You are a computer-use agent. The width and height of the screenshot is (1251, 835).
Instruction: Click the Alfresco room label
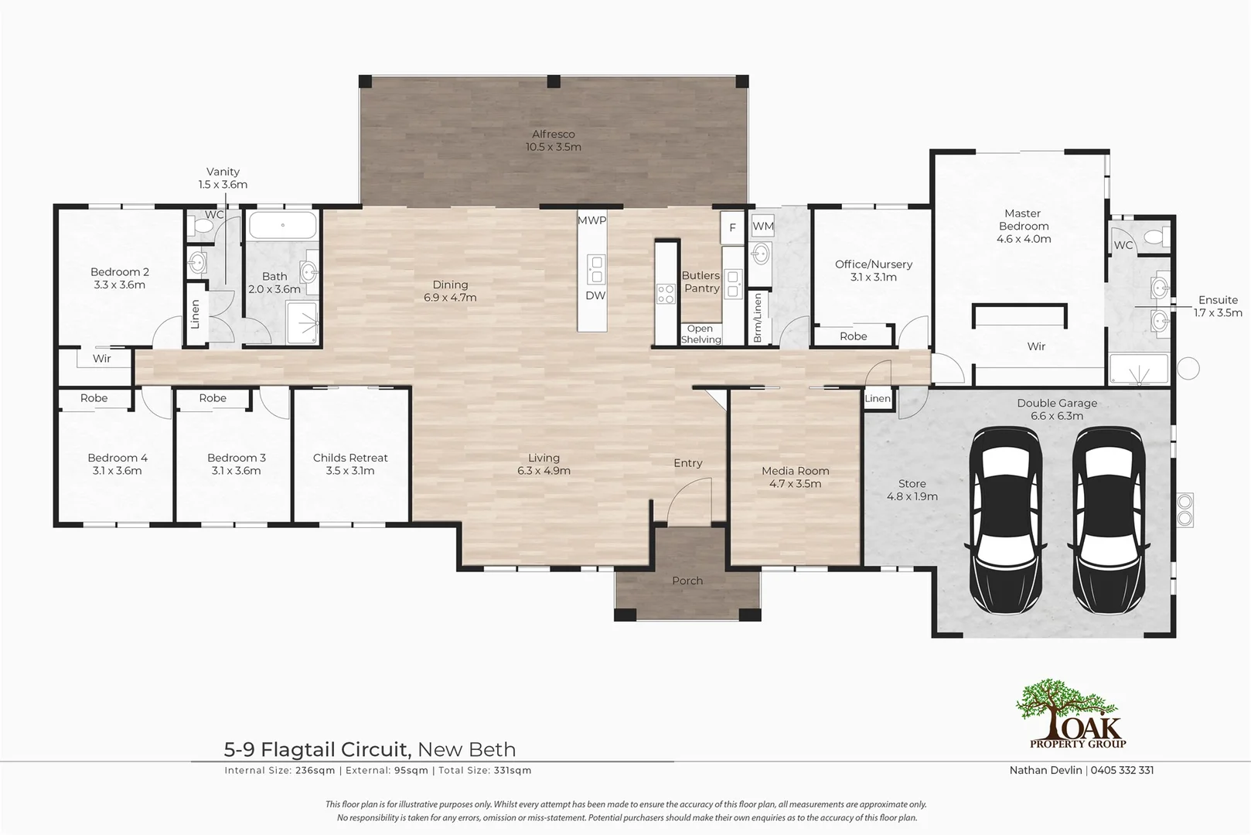[x=553, y=135]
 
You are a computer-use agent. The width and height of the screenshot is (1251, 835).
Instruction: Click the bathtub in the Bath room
[x=282, y=226]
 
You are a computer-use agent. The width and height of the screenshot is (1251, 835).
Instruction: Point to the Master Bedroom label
[x=1023, y=220]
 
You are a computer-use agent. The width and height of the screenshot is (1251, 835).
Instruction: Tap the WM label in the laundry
[x=762, y=227]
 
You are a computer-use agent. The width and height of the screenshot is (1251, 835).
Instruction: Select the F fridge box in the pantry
[x=732, y=227]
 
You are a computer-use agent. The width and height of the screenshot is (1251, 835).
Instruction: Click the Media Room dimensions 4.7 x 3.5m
[x=795, y=484]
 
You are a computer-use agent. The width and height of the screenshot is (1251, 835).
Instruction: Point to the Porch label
[x=687, y=581]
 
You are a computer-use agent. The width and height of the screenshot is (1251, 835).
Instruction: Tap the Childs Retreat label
[x=350, y=458]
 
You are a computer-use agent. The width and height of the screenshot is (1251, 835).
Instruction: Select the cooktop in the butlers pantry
[x=666, y=293]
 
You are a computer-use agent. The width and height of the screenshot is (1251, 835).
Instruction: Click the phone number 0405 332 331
[x=1122, y=770]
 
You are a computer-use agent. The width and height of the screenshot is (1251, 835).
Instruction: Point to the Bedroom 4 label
[x=118, y=458]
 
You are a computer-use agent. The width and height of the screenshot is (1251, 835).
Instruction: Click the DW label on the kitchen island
[x=595, y=295]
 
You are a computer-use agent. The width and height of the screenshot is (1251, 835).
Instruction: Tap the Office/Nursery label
[x=873, y=264]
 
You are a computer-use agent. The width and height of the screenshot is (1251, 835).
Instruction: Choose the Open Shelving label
[x=700, y=334]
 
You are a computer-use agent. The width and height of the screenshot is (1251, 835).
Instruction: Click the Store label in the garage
[x=912, y=483]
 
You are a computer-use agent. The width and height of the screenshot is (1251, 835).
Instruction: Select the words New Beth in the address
[x=466, y=749]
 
